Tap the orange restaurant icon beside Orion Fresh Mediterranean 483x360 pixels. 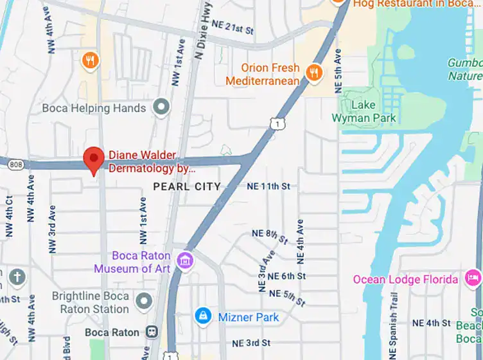314,72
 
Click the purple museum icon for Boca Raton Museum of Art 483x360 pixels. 186,260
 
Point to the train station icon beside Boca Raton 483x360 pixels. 152,332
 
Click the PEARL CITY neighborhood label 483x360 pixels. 187,186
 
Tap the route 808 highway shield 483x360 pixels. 15,165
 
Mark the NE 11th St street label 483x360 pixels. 268,186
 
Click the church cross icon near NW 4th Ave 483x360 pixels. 16,278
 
